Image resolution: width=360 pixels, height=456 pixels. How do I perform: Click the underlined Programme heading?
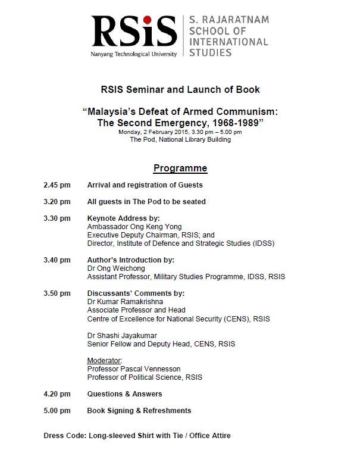point(180,168)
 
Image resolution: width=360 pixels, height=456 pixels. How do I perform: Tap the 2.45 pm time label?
point(57,185)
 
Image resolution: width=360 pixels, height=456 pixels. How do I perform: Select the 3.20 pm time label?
point(57,202)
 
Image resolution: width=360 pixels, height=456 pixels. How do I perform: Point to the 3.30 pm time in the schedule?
point(57,218)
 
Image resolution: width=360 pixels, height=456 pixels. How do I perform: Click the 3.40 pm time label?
point(57,260)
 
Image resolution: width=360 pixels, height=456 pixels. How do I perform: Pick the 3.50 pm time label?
point(57,293)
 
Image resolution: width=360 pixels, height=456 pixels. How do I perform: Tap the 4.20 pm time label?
point(57,394)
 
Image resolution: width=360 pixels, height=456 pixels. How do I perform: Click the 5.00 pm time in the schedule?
point(57,411)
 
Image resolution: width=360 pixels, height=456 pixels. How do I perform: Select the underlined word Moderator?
point(105,361)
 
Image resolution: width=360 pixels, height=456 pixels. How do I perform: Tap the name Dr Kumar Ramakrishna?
point(126,302)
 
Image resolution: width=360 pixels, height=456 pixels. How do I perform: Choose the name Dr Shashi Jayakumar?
point(122,336)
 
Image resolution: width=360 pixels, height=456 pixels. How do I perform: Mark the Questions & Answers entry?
point(124,394)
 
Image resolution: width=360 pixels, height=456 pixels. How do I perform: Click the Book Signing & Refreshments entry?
point(139,411)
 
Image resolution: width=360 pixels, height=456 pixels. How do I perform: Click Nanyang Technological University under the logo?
point(133,54)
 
